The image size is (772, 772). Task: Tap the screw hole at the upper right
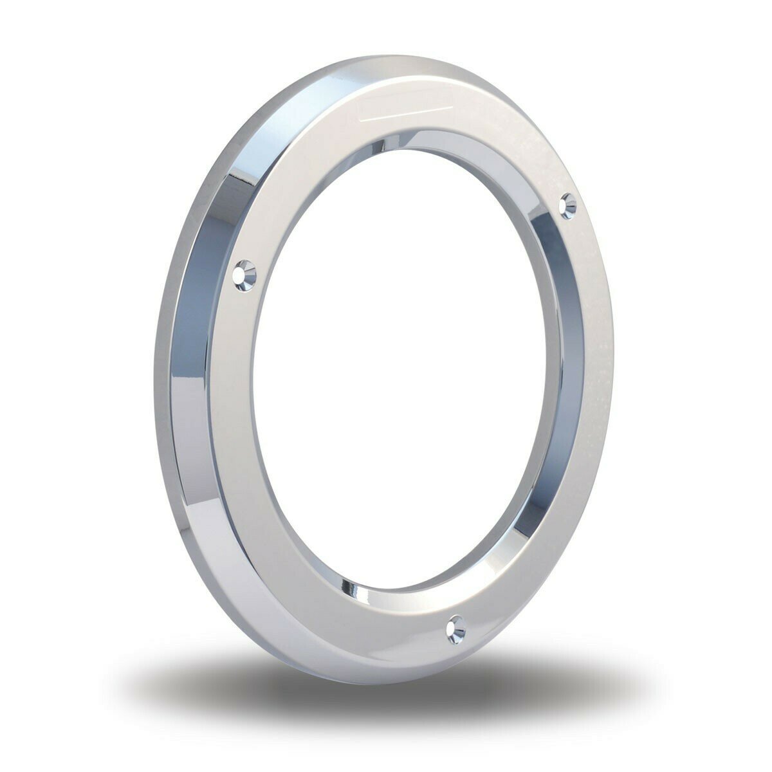pyautogui.click(x=569, y=204)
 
